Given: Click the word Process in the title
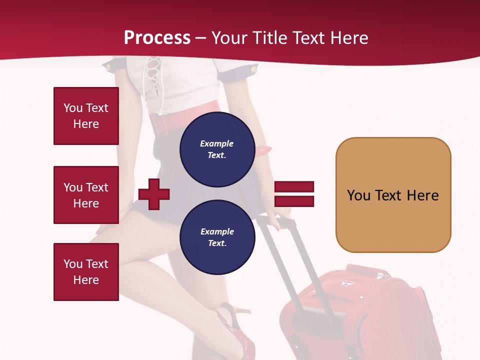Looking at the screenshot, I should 157,38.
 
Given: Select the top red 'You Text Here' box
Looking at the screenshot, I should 86,116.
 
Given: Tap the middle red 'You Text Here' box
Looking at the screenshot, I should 86,195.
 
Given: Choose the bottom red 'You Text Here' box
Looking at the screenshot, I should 86,272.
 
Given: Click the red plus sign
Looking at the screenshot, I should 154,193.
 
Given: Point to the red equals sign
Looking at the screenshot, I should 294,194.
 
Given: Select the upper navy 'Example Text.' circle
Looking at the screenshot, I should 217,149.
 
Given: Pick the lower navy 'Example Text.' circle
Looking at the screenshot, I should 217,237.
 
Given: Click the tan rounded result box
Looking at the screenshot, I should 393,195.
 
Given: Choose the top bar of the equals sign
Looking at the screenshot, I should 294,187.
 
